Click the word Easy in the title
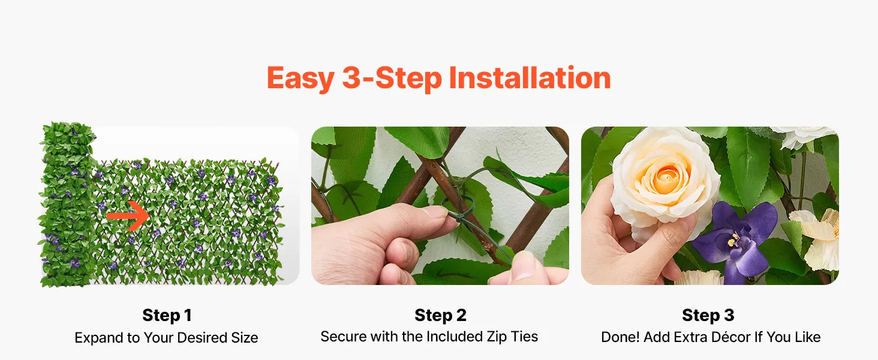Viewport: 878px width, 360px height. coord(301,79)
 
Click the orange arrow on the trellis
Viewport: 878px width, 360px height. coord(128,215)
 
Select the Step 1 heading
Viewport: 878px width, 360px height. coord(167,315)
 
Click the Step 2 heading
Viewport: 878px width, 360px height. coord(441,315)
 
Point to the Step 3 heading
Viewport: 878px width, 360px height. coord(708,315)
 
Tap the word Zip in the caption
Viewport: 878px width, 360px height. coord(497,337)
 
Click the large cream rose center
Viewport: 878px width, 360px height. coord(666,178)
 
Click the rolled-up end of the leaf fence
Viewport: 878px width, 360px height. coord(67,204)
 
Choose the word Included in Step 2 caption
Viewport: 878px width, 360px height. coord(455,337)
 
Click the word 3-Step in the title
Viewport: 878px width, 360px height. coord(392,79)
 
